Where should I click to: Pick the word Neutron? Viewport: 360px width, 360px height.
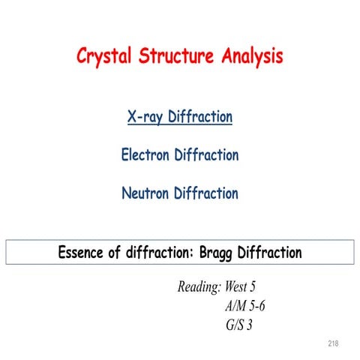click(145, 193)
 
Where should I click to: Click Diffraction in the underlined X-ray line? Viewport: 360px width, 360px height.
click(201, 118)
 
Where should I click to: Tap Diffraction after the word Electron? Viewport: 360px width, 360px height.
click(206, 156)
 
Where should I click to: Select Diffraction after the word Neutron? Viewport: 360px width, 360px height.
click(206, 193)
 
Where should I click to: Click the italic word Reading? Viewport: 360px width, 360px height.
click(199, 287)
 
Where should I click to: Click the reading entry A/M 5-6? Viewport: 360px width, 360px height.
click(244, 306)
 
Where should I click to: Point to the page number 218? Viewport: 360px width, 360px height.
click(334, 343)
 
